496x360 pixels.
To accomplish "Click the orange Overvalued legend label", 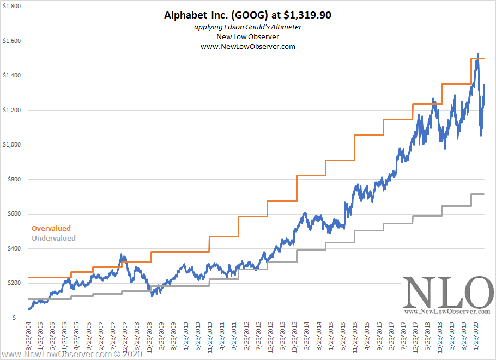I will pos(51,229).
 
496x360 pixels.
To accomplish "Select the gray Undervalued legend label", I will pos(53,238).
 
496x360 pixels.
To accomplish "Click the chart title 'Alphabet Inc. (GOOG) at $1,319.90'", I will pos(247,15).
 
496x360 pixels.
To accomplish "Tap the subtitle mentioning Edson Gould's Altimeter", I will pos(248,27).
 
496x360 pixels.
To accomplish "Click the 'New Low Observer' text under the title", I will pos(248,36).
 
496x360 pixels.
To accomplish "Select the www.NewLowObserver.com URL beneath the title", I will pos(248,47).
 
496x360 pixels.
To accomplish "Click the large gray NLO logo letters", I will pos(447,292).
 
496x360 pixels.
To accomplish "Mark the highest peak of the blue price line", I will pos(478,54).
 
